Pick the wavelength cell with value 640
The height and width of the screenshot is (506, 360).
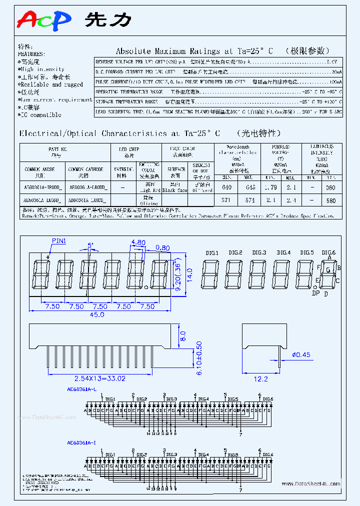pyautogui.click(x=226, y=187)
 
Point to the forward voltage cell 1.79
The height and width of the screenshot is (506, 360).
pyautogui.click(x=270, y=187)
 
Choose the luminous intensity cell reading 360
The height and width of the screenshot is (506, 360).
pyautogui.click(x=330, y=187)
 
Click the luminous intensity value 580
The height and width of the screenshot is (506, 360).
pyautogui.click(x=330, y=200)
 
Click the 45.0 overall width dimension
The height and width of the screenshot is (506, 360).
pyautogui.click(x=97, y=314)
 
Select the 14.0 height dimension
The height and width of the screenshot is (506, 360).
pyautogui.click(x=189, y=275)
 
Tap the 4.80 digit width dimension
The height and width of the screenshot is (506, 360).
pyautogui.click(x=137, y=242)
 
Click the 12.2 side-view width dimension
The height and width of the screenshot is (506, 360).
pyautogui.click(x=260, y=379)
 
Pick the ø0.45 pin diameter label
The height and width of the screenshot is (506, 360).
pyautogui.click(x=300, y=355)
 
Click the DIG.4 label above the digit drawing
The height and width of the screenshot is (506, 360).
pyautogui.click(x=283, y=253)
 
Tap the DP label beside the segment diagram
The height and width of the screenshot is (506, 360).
pyautogui.click(x=315, y=293)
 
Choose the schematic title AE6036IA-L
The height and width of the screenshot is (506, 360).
pyautogui.click(x=81, y=387)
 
